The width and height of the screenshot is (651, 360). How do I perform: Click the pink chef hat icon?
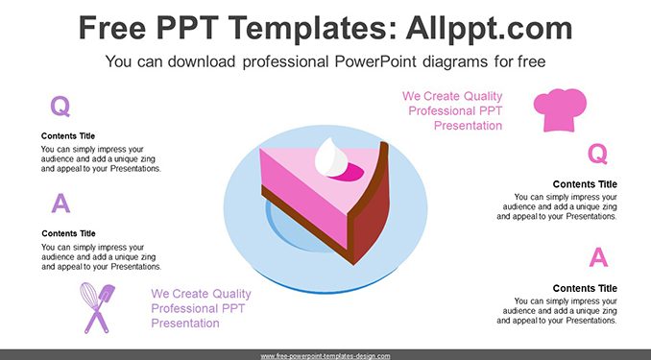pyautogui.click(x=560, y=109)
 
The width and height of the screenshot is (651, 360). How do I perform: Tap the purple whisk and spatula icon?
pyautogui.click(x=98, y=308)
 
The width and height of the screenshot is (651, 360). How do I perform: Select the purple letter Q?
pyautogui.click(x=60, y=107)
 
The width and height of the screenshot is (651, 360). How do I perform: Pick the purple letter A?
pyautogui.click(x=60, y=204)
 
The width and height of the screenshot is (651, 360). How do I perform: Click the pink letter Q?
pyautogui.click(x=597, y=154)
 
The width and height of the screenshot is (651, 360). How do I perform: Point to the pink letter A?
pyautogui.click(x=598, y=257)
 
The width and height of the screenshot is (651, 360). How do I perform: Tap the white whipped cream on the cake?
pyautogui.click(x=331, y=157)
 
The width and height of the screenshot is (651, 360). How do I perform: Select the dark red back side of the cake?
pyautogui.click(x=370, y=212)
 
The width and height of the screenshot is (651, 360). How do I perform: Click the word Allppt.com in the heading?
pyautogui.click(x=489, y=28)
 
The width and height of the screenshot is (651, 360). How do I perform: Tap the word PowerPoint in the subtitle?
pyautogui.click(x=374, y=61)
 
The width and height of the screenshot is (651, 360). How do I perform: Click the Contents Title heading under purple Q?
pyautogui.click(x=68, y=135)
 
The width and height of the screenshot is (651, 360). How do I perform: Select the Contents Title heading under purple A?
pyautogui.click(x=68, y=233)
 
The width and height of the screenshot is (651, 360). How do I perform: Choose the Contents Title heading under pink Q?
pyautogui.click(x=585, y=184)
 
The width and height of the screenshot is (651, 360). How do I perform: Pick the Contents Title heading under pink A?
pyautogui.click(x=585, y=288)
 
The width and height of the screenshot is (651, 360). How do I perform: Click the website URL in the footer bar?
pyautogui.click(x=325, y=356)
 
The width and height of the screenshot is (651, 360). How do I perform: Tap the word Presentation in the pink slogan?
pyautogui.click(x=468, y=126)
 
